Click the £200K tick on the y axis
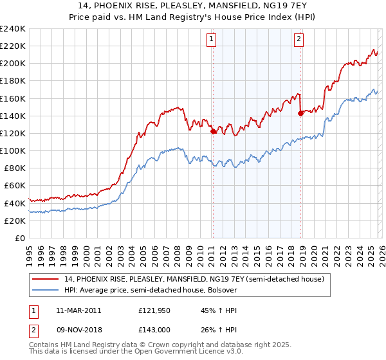coord(13,64)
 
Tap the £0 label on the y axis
coord(21,238)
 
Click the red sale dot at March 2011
coord(213,131)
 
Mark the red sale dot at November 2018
coord(300,113)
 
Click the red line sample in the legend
coord(46,279)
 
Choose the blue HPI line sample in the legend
coord(46,290)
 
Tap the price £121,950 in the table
coord(155,310)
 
